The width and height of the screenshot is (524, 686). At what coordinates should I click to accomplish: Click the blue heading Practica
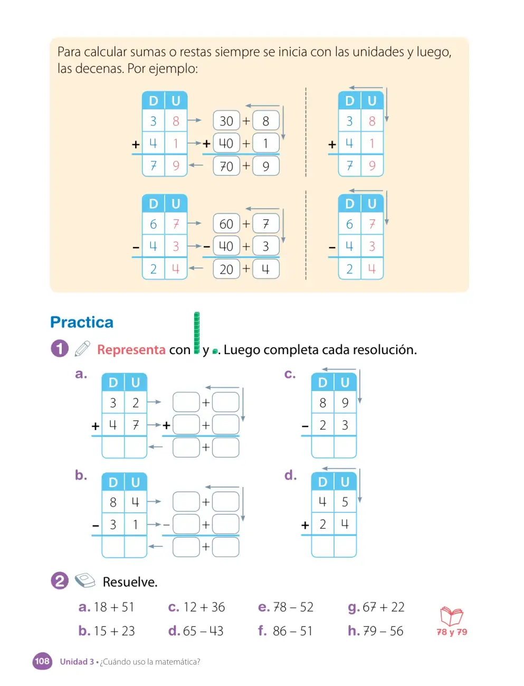click(x=82, y=322)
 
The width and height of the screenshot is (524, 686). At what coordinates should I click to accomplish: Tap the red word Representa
click(x=131, y=350)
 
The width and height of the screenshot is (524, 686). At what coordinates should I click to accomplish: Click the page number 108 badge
click(x=42, y=661)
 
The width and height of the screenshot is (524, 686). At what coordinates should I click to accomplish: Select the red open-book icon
click(x=452, y=616)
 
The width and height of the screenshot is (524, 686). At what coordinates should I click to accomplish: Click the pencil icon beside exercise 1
click(x=82, y=349)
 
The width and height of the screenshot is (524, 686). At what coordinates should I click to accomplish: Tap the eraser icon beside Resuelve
click(x=85, y=580)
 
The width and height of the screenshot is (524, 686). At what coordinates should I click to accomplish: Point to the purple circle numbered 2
click(x=60, y=580)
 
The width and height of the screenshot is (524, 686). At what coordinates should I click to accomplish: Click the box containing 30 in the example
click(x=226, y=120)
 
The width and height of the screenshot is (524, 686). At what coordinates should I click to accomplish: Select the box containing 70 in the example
click(x=226, y=166)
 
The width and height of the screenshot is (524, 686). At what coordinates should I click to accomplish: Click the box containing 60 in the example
click(x=226, y=223)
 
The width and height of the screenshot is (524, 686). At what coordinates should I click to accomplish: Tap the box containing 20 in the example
click(x=226, y=269)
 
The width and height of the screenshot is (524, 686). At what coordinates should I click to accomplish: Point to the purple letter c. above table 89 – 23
click(x=290, y=374)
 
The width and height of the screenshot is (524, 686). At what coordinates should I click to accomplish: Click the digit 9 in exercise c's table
click(x=345, y=403)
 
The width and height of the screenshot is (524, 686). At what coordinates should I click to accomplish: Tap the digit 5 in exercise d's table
click(x=345, y=502)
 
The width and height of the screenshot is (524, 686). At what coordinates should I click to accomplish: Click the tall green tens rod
click(x=196, y=332)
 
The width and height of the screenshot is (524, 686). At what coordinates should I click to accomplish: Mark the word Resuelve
click(x=130, y=582)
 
